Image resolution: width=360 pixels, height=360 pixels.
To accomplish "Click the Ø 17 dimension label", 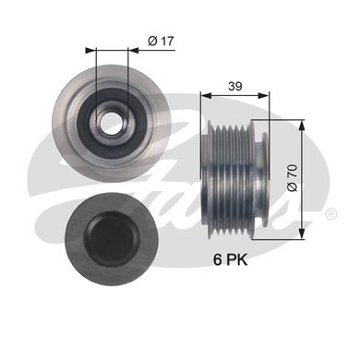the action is tap(161, 41).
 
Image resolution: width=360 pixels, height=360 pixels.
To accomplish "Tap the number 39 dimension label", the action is tap(235, 87).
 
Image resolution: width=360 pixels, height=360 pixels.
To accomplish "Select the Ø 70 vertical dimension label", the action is tap(293, 177).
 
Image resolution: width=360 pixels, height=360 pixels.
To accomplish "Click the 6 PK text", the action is tap(231, 260).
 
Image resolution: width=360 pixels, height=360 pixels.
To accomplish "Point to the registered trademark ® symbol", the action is tap(331, 213).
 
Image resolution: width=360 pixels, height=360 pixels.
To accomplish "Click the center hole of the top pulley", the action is tap(111, 123).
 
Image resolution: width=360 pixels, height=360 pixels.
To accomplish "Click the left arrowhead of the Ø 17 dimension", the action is tap(90, 50).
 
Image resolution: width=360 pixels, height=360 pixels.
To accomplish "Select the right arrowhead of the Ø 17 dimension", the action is tap(133, 50).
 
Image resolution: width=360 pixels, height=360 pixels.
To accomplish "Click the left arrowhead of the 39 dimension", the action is tap(206, 96).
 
